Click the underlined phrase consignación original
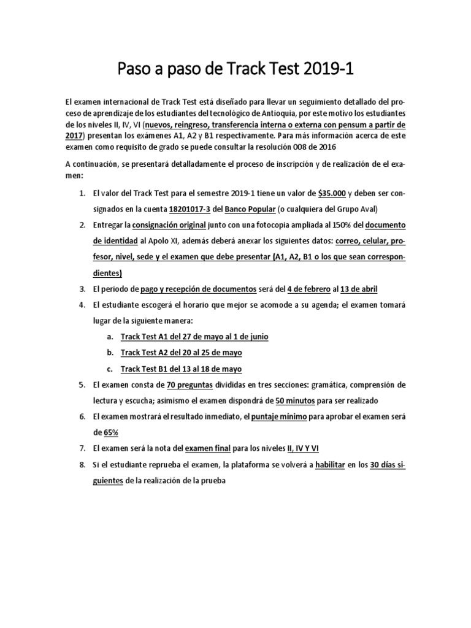tap(169, 225)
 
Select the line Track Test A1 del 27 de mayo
tap(194, 337)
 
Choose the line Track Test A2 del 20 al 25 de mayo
tap(182, 353)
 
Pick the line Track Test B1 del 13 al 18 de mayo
tap(182, 369)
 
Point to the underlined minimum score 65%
tap(110, 432)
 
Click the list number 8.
tap(82, 464)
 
